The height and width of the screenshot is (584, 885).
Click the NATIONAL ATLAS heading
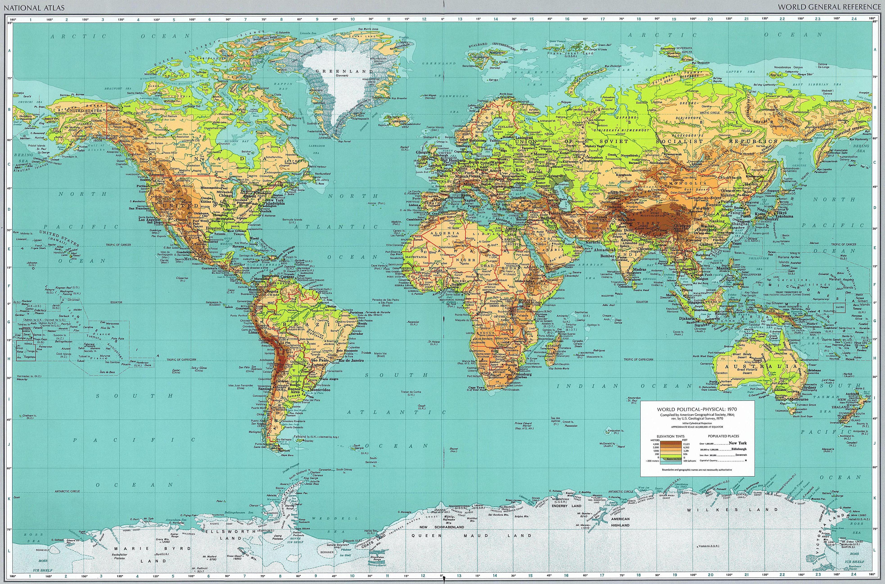[x=34, y=7]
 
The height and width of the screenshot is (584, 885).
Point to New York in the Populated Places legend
[x=738, y=443]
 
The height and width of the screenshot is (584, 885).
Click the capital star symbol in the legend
[x=746, y=461]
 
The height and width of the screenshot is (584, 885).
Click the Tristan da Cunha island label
[x=411, y=392]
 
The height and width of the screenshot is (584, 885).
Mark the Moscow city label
[x=540, y=154]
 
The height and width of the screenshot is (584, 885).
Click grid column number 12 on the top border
[x=424, y=19]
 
